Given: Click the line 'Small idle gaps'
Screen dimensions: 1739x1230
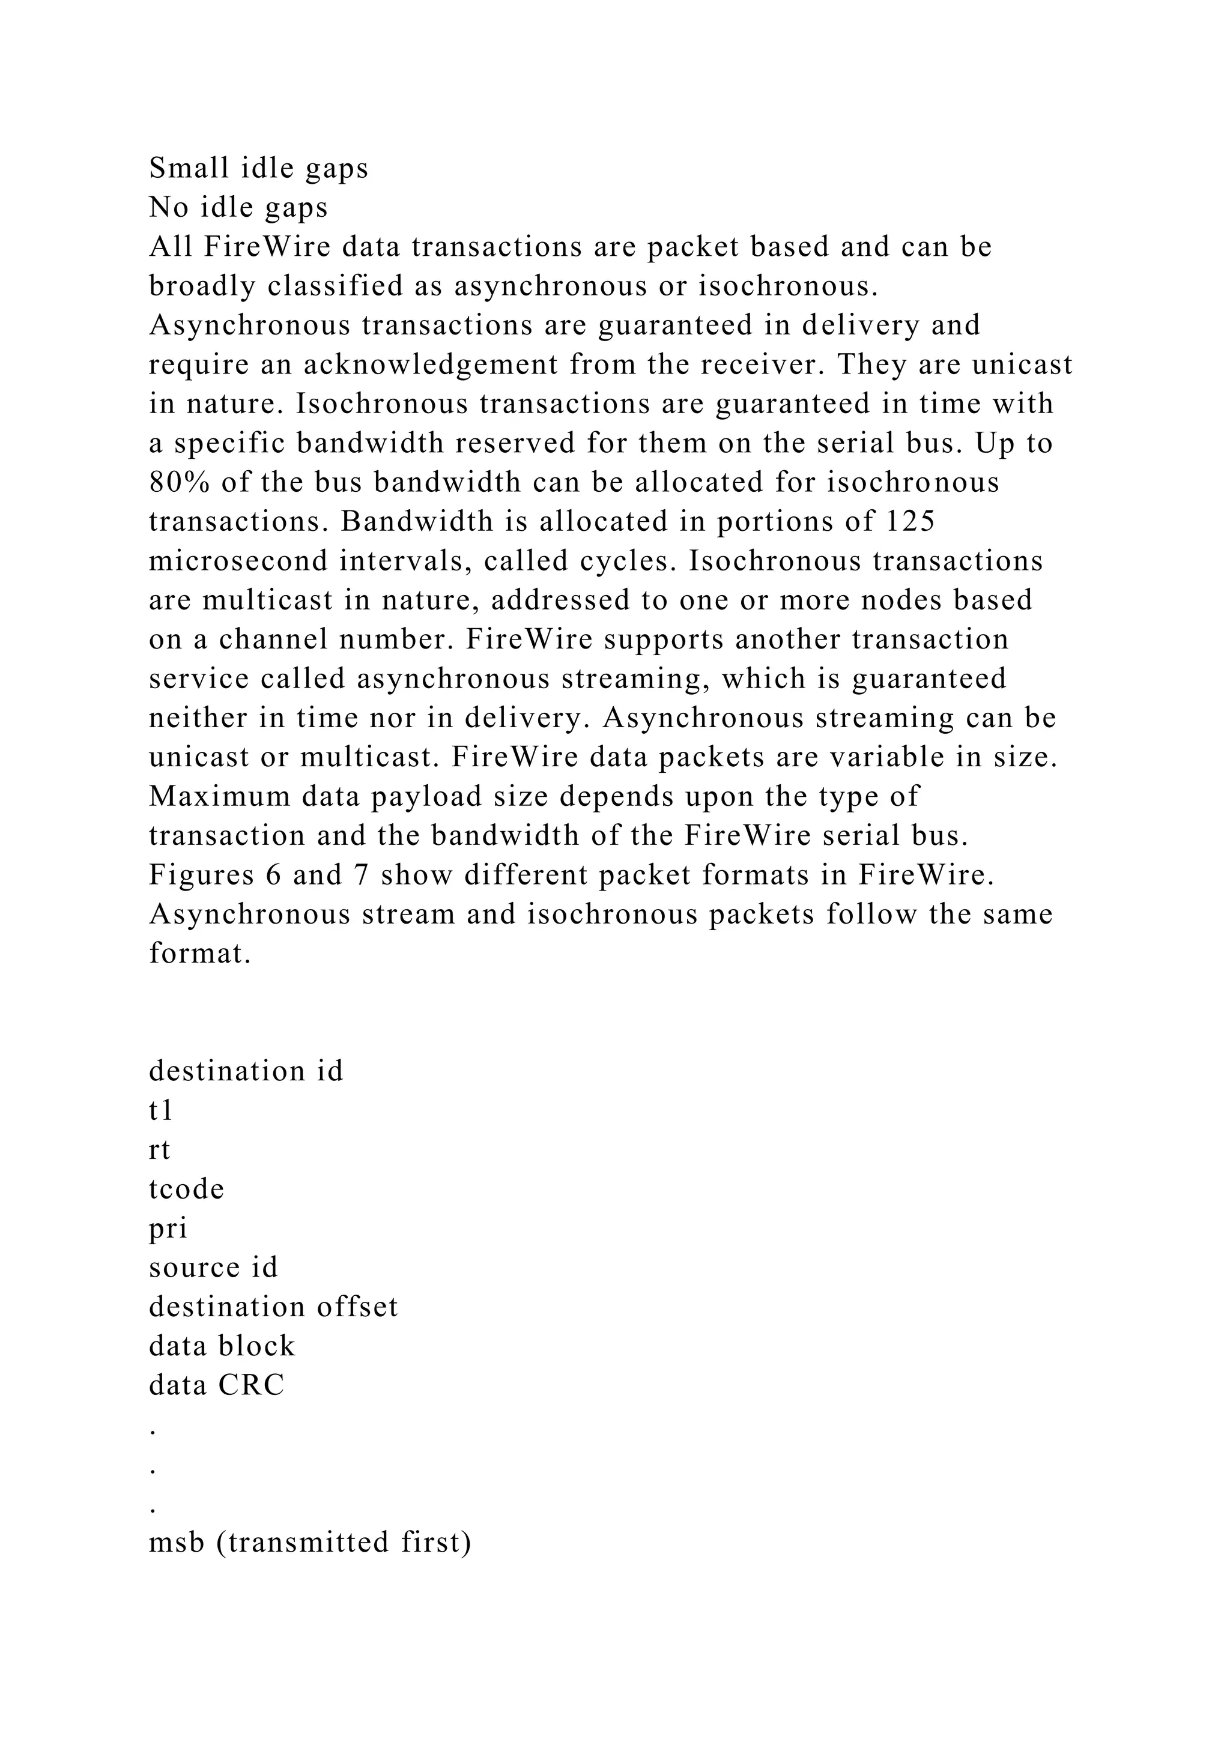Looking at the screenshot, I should click(x=258, y=168).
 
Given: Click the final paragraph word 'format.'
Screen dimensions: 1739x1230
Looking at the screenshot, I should click(x=200, y=954).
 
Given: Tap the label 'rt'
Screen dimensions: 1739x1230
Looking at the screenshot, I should click(x=160, y=1151).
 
